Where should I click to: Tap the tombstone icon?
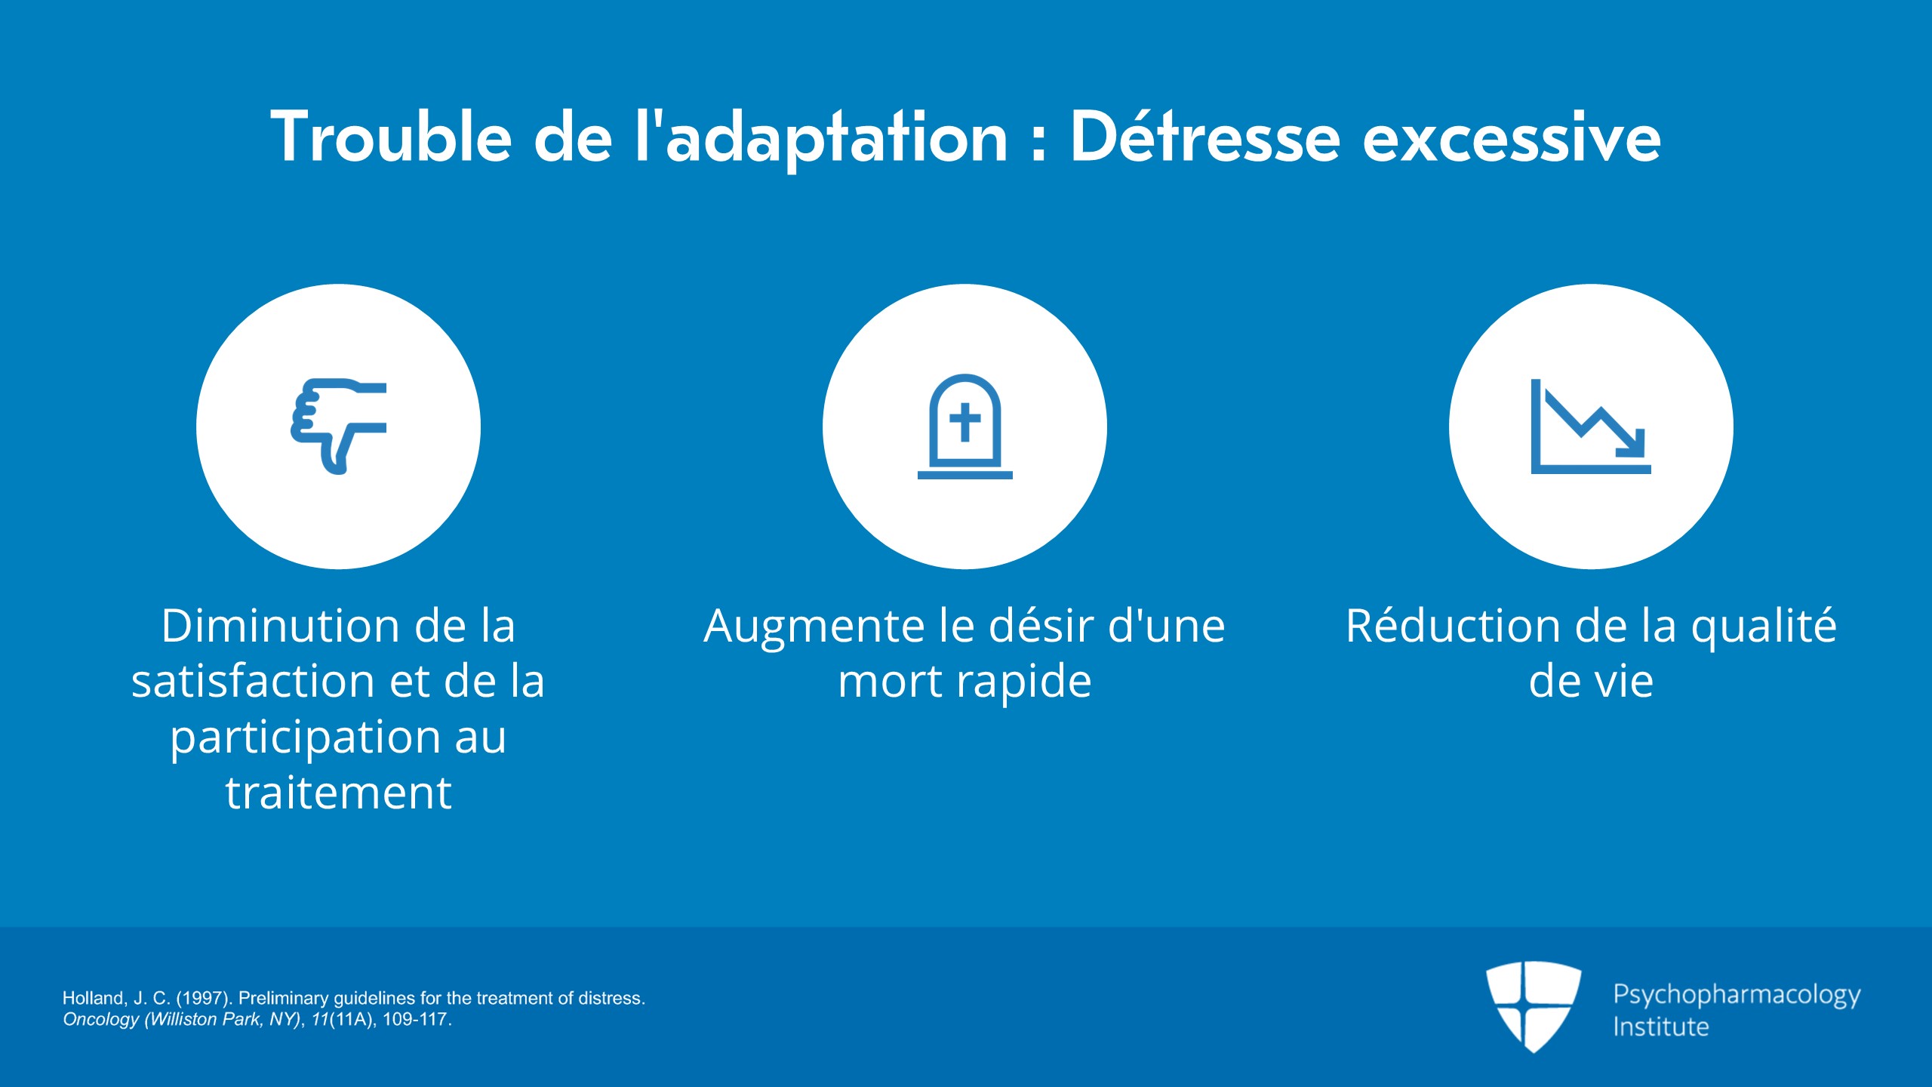[964, 426]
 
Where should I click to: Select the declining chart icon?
[1591, 426]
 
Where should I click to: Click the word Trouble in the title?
[392, 137]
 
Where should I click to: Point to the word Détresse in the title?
[1205, 137]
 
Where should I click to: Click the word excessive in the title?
[1512, 137]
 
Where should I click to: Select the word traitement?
[338, 793]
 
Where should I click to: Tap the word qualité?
[1764, 627]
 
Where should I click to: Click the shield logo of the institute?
[1534, 1006]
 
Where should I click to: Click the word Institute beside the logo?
[1661, 1027]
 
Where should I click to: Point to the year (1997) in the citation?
[203, 998]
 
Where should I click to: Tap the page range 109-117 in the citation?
[417, 1019]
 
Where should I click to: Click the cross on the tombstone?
[964, 422]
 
